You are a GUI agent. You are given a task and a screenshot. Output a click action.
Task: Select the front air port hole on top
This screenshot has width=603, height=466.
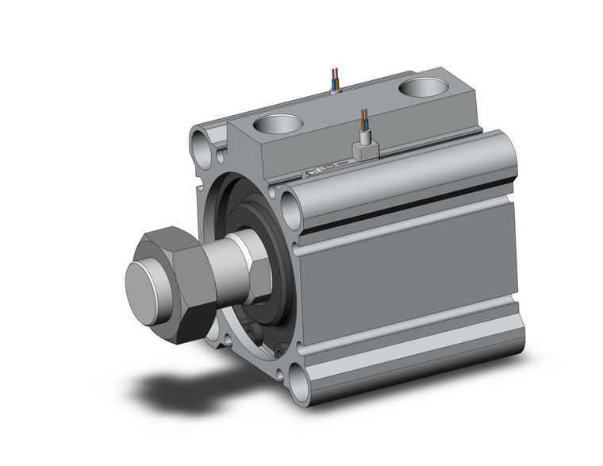point(277,125)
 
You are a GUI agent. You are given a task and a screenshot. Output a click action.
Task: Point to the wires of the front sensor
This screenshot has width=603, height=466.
point(364,121)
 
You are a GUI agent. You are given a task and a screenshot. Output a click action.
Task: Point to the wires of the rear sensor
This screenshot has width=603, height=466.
point(336,79)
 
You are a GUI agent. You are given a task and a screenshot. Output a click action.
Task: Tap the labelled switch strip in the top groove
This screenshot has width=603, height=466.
point(317,170)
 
